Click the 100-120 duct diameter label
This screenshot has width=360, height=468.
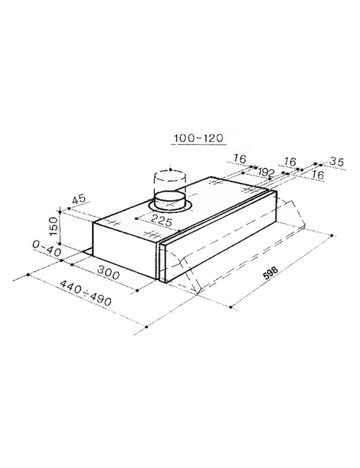[199, 138]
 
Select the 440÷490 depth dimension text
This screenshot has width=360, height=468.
[86, 293]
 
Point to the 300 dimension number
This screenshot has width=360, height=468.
[108, 272]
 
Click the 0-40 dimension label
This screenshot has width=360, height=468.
[47, 248]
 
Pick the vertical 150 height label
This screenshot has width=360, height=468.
[53, 226]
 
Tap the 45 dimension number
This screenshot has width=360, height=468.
[78, 199]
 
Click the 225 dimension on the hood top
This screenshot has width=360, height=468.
[161, 220]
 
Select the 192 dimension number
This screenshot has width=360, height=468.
[266, 172]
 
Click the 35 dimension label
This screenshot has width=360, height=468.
[337, 161]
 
